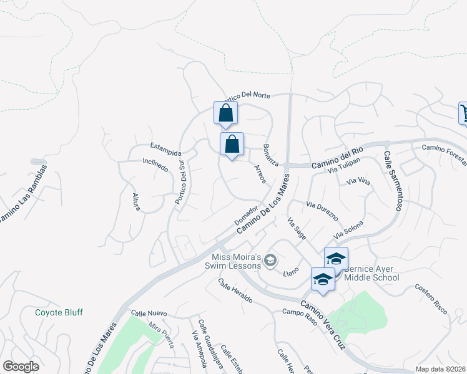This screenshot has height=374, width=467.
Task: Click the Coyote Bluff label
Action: [x=59, y=312]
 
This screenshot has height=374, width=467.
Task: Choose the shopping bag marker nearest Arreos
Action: [x=232, y=144]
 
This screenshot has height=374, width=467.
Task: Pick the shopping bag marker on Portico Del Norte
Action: [x=226, y=113]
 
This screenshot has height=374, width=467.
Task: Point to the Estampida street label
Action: [x=165, y=152]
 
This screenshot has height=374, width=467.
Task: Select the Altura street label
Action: [x=137, y=201]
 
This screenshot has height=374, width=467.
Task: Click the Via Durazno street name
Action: [x=322, y=211]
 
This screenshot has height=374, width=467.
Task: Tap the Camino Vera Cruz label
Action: [x=323, y=322]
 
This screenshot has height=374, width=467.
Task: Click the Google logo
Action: [x=21, y=366]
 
